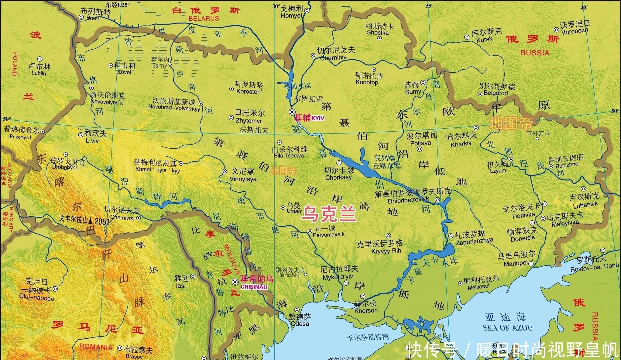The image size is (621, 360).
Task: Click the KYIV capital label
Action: coord(318,119)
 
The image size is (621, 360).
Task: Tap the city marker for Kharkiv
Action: coord(476,128)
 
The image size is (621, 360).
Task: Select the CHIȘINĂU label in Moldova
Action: coord(254,287)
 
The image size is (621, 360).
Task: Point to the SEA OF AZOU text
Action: coord(507,328)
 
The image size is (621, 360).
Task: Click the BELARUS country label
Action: coord(204,18)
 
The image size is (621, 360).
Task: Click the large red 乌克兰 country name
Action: coord(329,213)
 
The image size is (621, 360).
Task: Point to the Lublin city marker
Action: coord(40,59)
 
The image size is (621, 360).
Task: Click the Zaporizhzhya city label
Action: coord(474,241)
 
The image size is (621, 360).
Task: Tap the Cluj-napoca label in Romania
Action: coord(36,298)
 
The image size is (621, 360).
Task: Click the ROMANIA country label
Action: coord(96,347)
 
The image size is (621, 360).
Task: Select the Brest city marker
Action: coord(81,18)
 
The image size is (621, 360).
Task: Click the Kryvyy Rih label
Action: coord(386,251)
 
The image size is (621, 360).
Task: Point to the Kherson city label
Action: coord(366,310)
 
